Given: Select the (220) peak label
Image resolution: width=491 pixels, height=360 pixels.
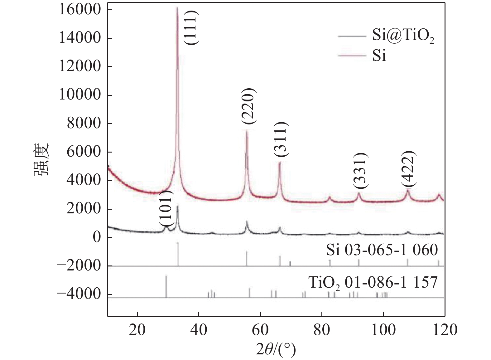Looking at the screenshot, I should [248, 107].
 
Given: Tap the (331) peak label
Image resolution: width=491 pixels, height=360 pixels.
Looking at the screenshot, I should [361, 170].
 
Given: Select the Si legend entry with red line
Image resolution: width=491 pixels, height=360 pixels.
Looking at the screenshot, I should [379, 56].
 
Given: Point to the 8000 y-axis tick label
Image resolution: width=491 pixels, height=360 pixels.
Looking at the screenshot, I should [84, 124].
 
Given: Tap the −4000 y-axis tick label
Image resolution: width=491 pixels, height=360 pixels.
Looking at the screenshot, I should [79, 294].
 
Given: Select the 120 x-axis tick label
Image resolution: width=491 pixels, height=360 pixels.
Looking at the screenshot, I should [444, 330].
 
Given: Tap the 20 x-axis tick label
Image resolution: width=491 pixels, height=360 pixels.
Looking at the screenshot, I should [137, 330].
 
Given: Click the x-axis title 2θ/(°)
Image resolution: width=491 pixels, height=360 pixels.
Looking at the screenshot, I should [276, 349].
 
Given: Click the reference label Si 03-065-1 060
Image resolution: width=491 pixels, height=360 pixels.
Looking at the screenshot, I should [382, 250].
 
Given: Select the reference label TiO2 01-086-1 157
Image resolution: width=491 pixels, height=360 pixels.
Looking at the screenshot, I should [373, 283].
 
